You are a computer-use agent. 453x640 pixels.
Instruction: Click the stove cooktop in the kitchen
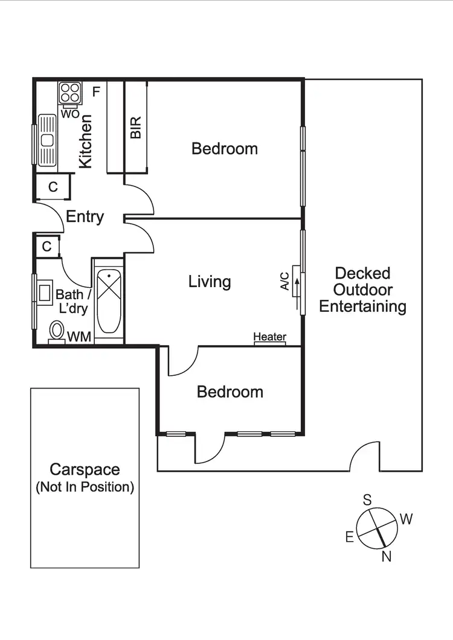click(69, 93)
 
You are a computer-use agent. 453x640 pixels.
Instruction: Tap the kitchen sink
click(46, 140)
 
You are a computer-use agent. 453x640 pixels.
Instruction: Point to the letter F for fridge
click(95, 92)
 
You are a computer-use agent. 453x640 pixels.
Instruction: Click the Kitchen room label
click(86, 141)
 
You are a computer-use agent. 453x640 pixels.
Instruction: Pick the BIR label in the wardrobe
click(135, 128)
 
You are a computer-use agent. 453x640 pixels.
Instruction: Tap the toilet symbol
click(57, 331)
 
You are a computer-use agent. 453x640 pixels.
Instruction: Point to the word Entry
click(85, 217)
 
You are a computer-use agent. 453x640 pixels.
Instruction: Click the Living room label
click(210, 281)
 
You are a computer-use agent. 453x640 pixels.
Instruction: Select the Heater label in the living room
click(269, 337)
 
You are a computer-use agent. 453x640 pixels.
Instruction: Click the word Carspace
click(85, 469)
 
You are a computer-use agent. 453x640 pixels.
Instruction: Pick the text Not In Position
click(85, 486)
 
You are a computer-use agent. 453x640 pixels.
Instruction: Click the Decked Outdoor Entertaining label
click(362, 290)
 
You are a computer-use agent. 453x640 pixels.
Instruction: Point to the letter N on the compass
click(386, 556)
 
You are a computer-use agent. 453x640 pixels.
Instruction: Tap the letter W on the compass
click(406, 519)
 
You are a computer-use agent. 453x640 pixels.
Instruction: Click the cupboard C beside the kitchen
click(53, 187)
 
